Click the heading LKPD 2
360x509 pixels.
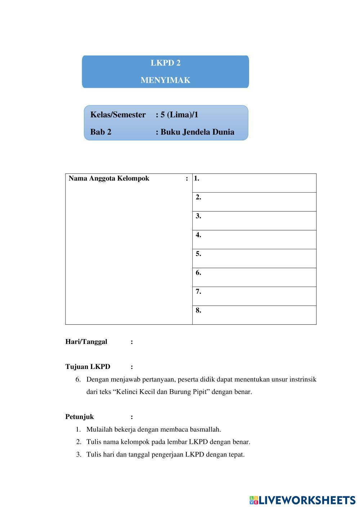[165, 63]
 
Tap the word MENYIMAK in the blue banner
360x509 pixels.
[165, 80]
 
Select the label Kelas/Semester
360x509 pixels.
[118, 115]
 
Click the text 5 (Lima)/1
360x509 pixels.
[179, 115]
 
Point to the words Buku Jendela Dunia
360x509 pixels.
[197, 132]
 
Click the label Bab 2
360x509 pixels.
[101, 132]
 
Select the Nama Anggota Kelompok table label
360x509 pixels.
[109, 179]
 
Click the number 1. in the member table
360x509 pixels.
[197, 178]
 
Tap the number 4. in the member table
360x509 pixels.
[198, 235]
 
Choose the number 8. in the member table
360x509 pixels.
[198, 310]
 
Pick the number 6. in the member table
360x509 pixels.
[198, 273]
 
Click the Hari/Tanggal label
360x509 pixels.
[86, 342]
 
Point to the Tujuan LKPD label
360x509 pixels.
[87, 367]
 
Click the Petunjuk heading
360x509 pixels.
[80, 417]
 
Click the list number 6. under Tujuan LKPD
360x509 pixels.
[78, 379]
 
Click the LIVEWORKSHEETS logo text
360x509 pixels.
[307, 500]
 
